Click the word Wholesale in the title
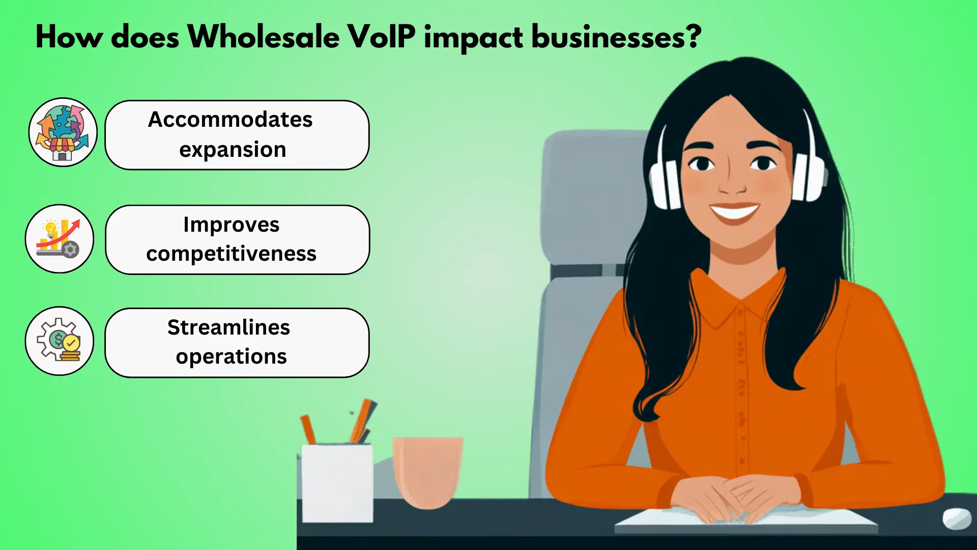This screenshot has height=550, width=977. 264,37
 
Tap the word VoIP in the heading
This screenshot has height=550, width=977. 382,37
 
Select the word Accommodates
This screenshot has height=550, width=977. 231,120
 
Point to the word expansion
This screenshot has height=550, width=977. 233,150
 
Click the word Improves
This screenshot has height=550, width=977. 232,225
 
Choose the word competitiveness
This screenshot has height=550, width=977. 232,254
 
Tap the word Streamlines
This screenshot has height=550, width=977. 229,327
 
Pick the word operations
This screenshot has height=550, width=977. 232,356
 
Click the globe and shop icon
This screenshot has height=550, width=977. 63,132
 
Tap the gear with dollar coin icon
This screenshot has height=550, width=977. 60,341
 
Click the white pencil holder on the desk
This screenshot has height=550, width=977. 337,483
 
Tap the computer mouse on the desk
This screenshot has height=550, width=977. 957,519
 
